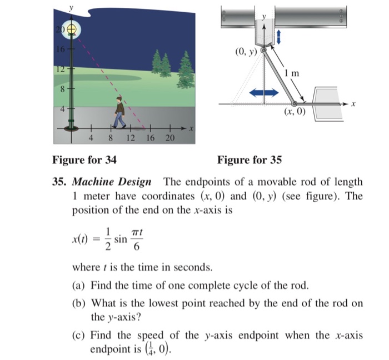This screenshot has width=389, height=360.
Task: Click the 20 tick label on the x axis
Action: pos(169,137)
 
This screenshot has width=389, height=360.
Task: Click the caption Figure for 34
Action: pos(84,161)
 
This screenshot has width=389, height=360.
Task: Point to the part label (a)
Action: pos(79,287)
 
